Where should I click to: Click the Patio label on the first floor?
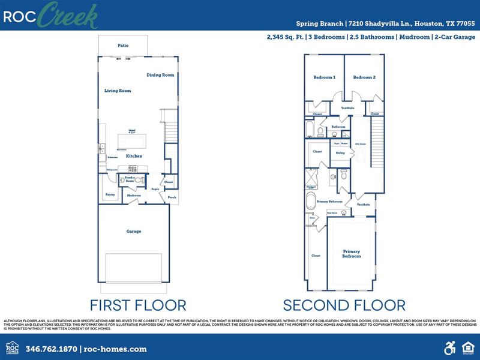coord(123,45)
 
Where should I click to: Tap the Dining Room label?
coord(160,75)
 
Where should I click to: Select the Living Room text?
coord(118,91)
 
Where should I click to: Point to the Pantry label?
coord(110,194)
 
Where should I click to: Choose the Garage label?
coord(133,231)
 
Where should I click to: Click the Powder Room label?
coord(129,179)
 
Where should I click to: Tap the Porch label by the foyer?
coord(172,197)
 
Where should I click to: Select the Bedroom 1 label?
coord(325,77)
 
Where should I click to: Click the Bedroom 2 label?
coord(364,77)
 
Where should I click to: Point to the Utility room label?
coord(340,153)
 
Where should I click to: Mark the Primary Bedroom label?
coord(352,253)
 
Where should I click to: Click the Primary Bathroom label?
coord(330,202)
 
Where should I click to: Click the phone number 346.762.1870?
coord(50,349)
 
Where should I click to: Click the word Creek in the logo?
coord(68,16)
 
